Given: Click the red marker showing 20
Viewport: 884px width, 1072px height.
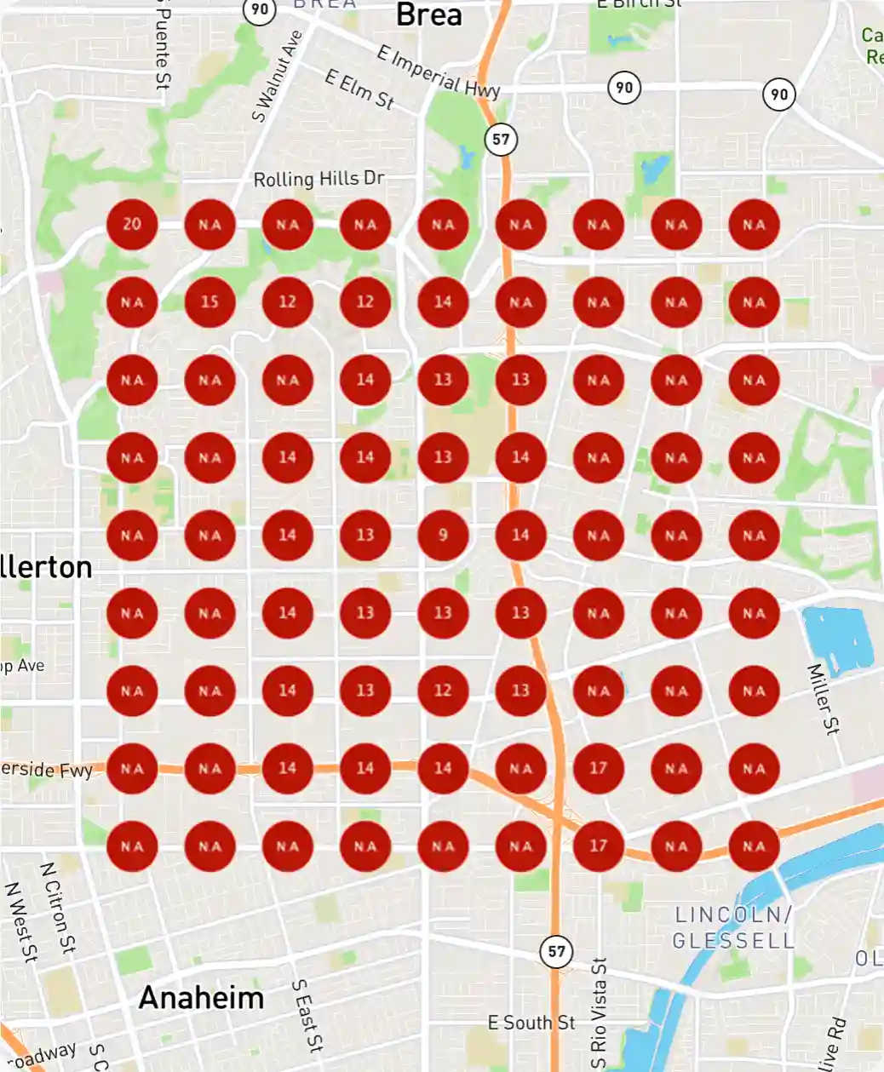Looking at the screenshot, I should point(132,225).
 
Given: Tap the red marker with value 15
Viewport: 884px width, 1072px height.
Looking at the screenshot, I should point(210,302).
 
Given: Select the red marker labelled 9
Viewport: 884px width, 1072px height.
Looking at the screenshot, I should point(443,536).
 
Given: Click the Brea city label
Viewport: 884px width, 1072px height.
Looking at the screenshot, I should point(429,14).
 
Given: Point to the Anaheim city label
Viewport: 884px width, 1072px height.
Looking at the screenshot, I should point(202,997).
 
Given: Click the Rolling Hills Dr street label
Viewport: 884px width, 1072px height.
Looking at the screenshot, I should point(319,179).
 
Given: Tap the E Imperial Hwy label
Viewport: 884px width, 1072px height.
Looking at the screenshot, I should point(439,72).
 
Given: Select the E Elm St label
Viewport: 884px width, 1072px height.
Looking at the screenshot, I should point(359,89).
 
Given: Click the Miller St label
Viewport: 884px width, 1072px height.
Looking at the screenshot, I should point(824,698).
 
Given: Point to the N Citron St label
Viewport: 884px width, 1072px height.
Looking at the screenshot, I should point(58,908).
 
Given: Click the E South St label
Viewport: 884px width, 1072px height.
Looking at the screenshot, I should point(531,1023).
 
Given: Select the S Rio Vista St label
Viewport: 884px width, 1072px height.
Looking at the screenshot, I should point(600,1013).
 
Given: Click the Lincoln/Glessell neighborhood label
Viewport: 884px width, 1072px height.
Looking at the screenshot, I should point(733,927).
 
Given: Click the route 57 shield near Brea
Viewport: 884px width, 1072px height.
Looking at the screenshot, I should point(501,140).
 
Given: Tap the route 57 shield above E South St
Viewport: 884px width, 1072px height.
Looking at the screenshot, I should point(556,951).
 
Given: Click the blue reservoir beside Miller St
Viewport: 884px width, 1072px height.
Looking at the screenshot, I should point(837,639).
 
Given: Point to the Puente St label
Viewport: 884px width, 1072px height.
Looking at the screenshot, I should point(162,43).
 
